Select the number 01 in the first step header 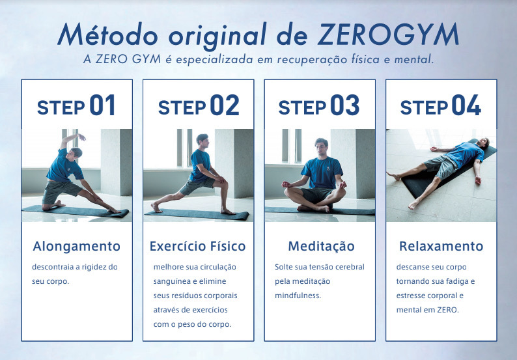tap(102, 106)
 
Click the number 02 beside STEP tap(224, 106)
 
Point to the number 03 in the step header tap(345, 106)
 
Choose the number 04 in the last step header tap(466, 106)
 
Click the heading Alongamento tap(77, 246)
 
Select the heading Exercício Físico tap(198, 246)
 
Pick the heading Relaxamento tap(441, 246)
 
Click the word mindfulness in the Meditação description tap(298, 296)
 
